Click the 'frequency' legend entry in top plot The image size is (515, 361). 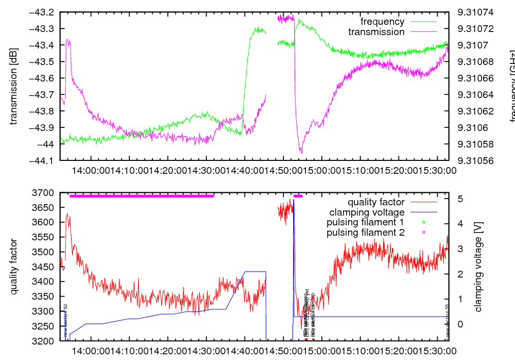[382, 22]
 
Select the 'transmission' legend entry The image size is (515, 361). [376, 32]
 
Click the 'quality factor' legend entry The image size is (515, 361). [375, 202]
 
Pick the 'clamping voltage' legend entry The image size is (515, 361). [367, 212]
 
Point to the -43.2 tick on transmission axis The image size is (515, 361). [44, 12]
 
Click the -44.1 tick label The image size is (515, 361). [44, 160]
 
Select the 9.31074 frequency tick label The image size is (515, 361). [475, 12]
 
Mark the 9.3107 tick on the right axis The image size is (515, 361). [473, 45]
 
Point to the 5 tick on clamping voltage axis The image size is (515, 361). [459, 199]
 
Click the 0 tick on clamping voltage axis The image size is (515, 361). [459, 324]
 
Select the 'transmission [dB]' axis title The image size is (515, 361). [14, 86]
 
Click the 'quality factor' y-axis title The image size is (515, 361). [14, 267]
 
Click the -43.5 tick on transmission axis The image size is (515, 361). [44, 61]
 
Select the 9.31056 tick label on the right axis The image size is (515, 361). [475, 160]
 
